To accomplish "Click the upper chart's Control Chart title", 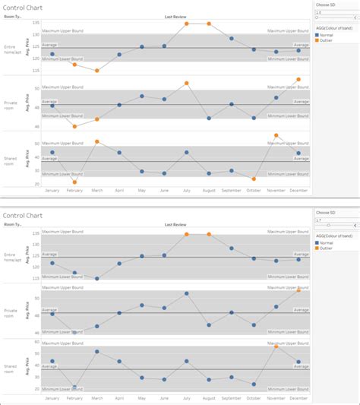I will pos(22,7).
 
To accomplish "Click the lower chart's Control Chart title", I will pos(22,216).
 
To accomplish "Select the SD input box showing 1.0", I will pos(333,12).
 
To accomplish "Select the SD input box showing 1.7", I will pos(333,220).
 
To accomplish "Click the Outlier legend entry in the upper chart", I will pos(326,40).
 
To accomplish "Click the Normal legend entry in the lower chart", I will pos(326,242).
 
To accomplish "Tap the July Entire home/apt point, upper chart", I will pos(186,24).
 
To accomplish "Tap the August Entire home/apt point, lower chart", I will pos(209,234).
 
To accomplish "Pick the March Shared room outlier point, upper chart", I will pos(96,141).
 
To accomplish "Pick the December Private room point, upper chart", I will pos(298,79).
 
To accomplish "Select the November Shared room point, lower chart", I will pos(276,346).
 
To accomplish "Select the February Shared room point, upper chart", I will pos(74,182).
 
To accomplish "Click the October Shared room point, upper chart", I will pos(254,179).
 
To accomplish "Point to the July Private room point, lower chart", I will pos(186,293).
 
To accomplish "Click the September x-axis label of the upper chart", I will pos(231,191).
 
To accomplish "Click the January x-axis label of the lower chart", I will pos(52,398).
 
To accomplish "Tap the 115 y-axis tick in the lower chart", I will pos(35,278).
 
